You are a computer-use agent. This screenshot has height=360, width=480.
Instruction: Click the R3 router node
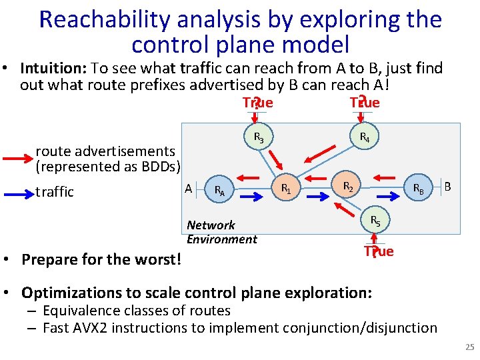[259, 138]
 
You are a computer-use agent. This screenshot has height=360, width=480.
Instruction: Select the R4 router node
[365, 138]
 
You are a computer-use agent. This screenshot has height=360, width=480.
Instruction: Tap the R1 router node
[285, 188]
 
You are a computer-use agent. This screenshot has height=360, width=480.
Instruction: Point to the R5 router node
[375, 221]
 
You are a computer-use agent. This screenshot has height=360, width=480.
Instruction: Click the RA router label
[219, 191]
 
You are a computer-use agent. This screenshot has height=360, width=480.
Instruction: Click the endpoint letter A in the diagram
[189, 189]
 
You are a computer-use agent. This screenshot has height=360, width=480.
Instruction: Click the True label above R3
[258, 103]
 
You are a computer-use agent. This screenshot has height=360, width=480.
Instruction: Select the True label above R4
[365, 103]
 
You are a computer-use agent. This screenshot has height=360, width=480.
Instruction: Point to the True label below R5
[379, 251]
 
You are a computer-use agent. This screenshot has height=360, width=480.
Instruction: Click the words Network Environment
[221, 232]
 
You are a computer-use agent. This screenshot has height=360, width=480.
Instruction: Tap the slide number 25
[468, 347]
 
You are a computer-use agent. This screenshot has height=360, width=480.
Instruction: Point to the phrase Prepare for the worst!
[101, 259]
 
